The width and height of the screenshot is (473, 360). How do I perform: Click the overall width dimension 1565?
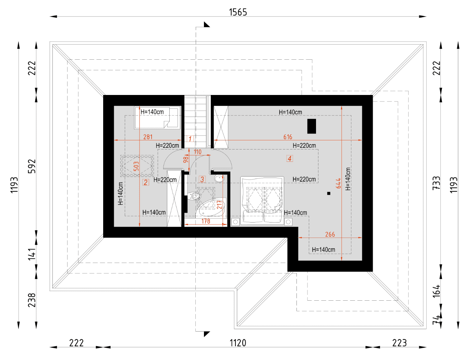point(238,12)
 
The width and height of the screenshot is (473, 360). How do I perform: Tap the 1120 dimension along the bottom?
point(238,343)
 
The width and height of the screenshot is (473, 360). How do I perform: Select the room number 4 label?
point(289,158)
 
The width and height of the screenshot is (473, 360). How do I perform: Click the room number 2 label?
point(145,182)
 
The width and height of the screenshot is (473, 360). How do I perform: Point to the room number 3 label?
point(202,179)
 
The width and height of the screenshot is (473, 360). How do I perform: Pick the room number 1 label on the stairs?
point(190,139)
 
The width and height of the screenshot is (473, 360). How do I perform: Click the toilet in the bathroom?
point(194,196)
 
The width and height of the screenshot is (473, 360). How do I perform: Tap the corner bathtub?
point(211,207)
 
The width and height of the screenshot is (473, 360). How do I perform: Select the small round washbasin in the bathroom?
point(219,179)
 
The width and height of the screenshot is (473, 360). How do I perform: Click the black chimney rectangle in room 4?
point(311,126)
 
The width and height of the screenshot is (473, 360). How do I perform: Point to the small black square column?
point(329,193)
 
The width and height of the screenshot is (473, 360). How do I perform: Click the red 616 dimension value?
point(288,137)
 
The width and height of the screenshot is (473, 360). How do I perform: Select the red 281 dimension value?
point(148,137)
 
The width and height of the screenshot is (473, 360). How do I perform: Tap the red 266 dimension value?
point(330,234)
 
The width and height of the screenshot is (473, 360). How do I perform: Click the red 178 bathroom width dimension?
point(206,221)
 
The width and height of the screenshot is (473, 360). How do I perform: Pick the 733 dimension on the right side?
point(436,183)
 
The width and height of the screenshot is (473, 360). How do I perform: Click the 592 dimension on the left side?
point(32,166)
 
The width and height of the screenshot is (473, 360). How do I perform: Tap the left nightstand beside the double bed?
point(235,222)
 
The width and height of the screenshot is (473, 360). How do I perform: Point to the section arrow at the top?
point(207,24)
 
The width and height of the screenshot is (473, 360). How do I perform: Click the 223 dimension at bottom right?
point(399,343)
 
